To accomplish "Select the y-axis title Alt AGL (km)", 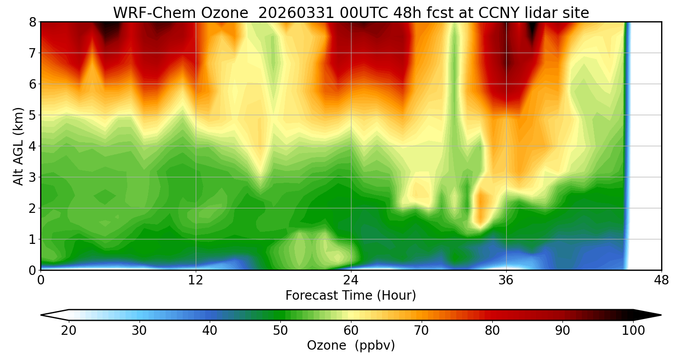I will (18, 146).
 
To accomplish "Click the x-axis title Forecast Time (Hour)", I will (351, 296).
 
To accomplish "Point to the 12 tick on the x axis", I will (196, 280).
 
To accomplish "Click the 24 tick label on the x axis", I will (351, 280).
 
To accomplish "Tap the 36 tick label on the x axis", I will (506, 280).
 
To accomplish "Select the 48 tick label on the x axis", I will (661, 280).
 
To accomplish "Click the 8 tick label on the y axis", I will (32, 22).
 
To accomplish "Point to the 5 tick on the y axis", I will (32, 115).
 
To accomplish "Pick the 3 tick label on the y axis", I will (32, 177).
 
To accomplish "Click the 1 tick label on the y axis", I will (32, 239).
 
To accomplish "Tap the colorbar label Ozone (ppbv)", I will (351, 346).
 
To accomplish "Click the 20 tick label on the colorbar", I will (68, 331).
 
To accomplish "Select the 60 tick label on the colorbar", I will (351, 331).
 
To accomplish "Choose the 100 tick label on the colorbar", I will (633, 331).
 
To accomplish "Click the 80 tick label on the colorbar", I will (492, 331).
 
